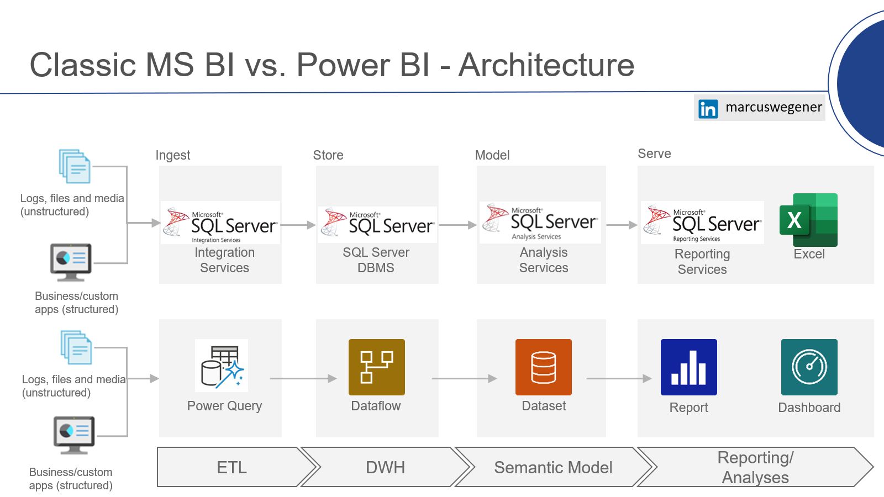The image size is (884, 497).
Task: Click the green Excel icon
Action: pos(808,220)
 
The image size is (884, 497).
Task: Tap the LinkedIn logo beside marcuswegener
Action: pos(708,108)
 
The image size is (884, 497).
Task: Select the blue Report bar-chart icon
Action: pos(688,367)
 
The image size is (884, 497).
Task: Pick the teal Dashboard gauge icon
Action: pos(809,367)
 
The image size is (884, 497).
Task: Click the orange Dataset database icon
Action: pos(544,367)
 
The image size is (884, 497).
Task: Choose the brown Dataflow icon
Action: pos(376,367)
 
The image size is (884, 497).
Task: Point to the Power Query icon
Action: pos(222,365)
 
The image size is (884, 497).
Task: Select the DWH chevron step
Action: pos(385,467)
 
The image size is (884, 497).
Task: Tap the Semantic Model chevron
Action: pos(553,467)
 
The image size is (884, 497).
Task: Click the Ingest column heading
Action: pos(173,155)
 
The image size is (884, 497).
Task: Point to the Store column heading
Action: pos(328,155)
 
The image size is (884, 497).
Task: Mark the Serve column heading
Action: pos(654,154)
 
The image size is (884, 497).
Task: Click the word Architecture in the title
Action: pos(546,65)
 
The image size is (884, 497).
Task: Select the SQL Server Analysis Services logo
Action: pos(540,223)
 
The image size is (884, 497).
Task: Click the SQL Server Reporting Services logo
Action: pos(702,223)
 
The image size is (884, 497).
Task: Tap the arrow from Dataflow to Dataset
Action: pos(464,379)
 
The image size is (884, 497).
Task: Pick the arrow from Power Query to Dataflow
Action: pos(303,379)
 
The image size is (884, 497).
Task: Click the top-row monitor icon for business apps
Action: pos(71,262)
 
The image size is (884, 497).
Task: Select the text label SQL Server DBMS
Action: pos(376,260)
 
